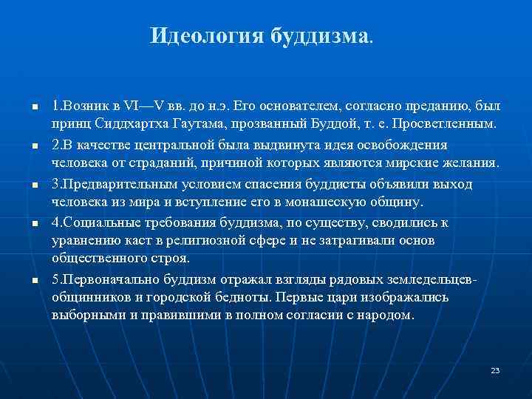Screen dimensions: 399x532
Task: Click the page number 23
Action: click(x=495, y=369)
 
